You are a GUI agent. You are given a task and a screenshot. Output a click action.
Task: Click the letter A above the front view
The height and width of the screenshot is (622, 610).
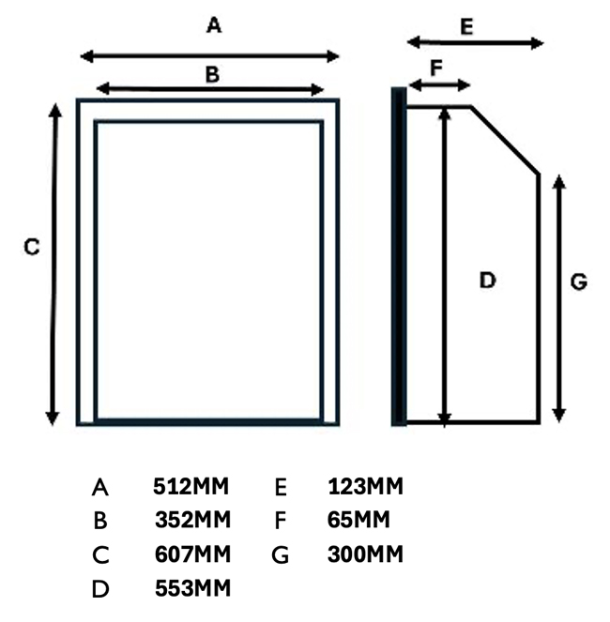click(x=214, y=26)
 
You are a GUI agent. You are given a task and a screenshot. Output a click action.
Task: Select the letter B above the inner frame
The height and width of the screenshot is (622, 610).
click(x=212, y=74)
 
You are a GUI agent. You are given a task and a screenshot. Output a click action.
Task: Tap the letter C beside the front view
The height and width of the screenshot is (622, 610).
click(x=31, y=248)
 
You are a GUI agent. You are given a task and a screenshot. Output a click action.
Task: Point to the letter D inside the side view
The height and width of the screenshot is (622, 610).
click(x=487, y=280)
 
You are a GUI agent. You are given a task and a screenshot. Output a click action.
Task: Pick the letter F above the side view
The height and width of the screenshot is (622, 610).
click(x=435, y=68)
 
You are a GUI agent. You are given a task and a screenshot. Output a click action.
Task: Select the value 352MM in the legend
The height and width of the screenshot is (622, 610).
click(x=192, y=520)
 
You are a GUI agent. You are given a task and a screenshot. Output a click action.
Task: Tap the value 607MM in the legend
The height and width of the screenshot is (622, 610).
click(x=192, y=554)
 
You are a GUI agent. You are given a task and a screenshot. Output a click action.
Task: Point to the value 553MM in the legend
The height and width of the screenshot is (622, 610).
click(x=192, y=588)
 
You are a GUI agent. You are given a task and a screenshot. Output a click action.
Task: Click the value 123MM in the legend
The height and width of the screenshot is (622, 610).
click(x=365, y=487)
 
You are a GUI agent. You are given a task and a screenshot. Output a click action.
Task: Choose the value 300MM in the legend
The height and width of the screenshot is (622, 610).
click(x=365, y=554)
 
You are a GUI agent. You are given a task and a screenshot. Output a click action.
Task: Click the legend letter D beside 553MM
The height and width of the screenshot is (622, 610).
click(x=101, y=589)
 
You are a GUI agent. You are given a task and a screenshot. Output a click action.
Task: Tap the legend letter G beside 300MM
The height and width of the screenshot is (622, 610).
click(x=279, y=555)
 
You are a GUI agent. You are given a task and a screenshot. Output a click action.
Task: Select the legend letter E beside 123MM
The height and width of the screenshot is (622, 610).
click(x=280, y=488)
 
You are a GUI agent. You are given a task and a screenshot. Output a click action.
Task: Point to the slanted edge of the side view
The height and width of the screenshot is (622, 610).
click(x=504, y=140)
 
